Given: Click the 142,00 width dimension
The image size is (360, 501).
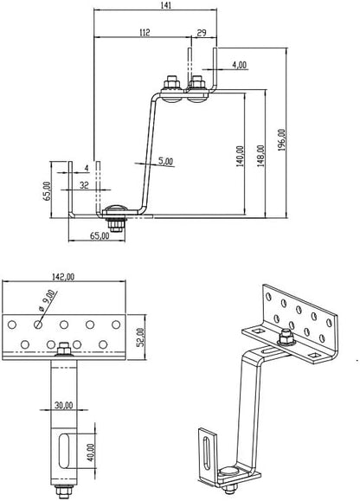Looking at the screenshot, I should pos(65,277).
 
